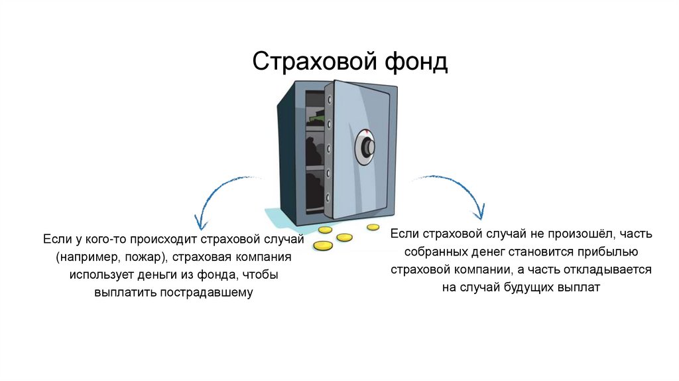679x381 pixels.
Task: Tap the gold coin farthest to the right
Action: tap(373, 227)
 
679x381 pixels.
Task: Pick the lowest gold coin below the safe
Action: tap(322, 246)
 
